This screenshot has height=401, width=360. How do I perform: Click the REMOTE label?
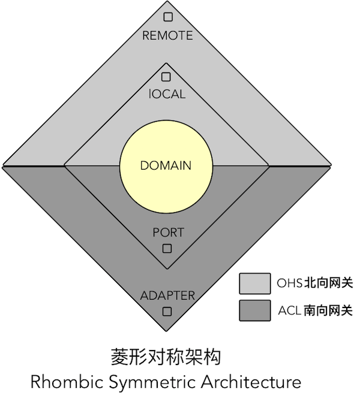pyautogui.click(x=167, y=35)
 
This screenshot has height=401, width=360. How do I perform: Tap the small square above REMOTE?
pyautogui.click(x=168, y=17)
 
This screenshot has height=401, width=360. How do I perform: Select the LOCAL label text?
pyautogui.click(x=167, y=94)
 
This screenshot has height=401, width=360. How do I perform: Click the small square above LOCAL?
pyautogui.click(x=166, y=77)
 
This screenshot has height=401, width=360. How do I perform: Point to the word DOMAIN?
pyautogui.click(x=166, y=165)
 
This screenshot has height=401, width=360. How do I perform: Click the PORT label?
pyautogui.click(x=168, y=233)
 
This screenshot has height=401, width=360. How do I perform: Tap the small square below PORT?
pyautogui.click(x=167, y=248)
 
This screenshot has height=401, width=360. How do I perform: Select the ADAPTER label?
pyautogui.click(x=167, y=296)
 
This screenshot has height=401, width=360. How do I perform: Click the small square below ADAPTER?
pyautogui.click(x=167, y=312)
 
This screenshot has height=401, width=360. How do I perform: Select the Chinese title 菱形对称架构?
pyautogui.click(x=166, y=357)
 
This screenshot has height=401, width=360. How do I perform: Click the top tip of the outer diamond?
pyautogui.click(x=167, y=2)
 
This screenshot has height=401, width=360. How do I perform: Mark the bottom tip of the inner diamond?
pyautogui.click(x=167, y=269)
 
